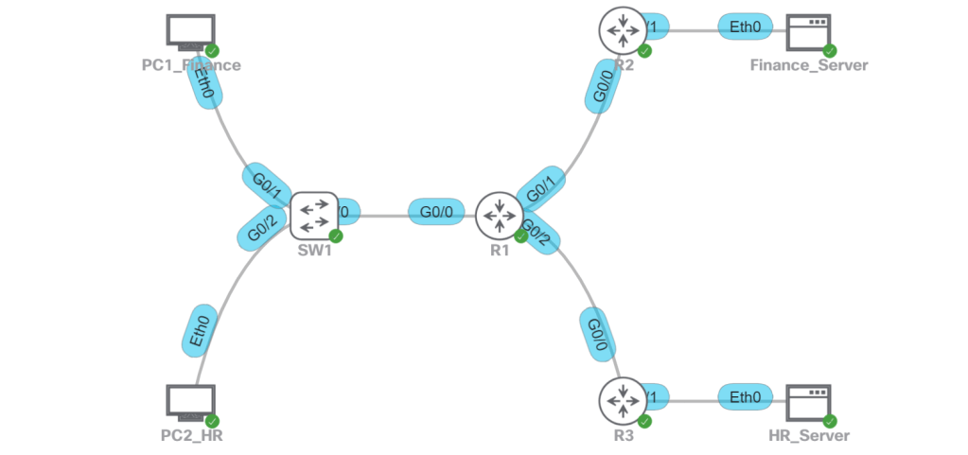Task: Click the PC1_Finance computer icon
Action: [x=190, y=31]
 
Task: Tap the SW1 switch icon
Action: [x=313, y=216]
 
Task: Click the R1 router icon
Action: [x=498, y=216]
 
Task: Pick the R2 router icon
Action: [x=622, y=29]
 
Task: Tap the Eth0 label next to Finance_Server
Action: [x=745, y=27]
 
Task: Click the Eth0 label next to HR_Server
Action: [x=745, y=398]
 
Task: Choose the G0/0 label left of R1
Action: [x=435, y=212]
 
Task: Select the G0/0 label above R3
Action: [x=595, y=333]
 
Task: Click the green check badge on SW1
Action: [x=335, y=236]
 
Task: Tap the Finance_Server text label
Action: [x=808, y=65]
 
